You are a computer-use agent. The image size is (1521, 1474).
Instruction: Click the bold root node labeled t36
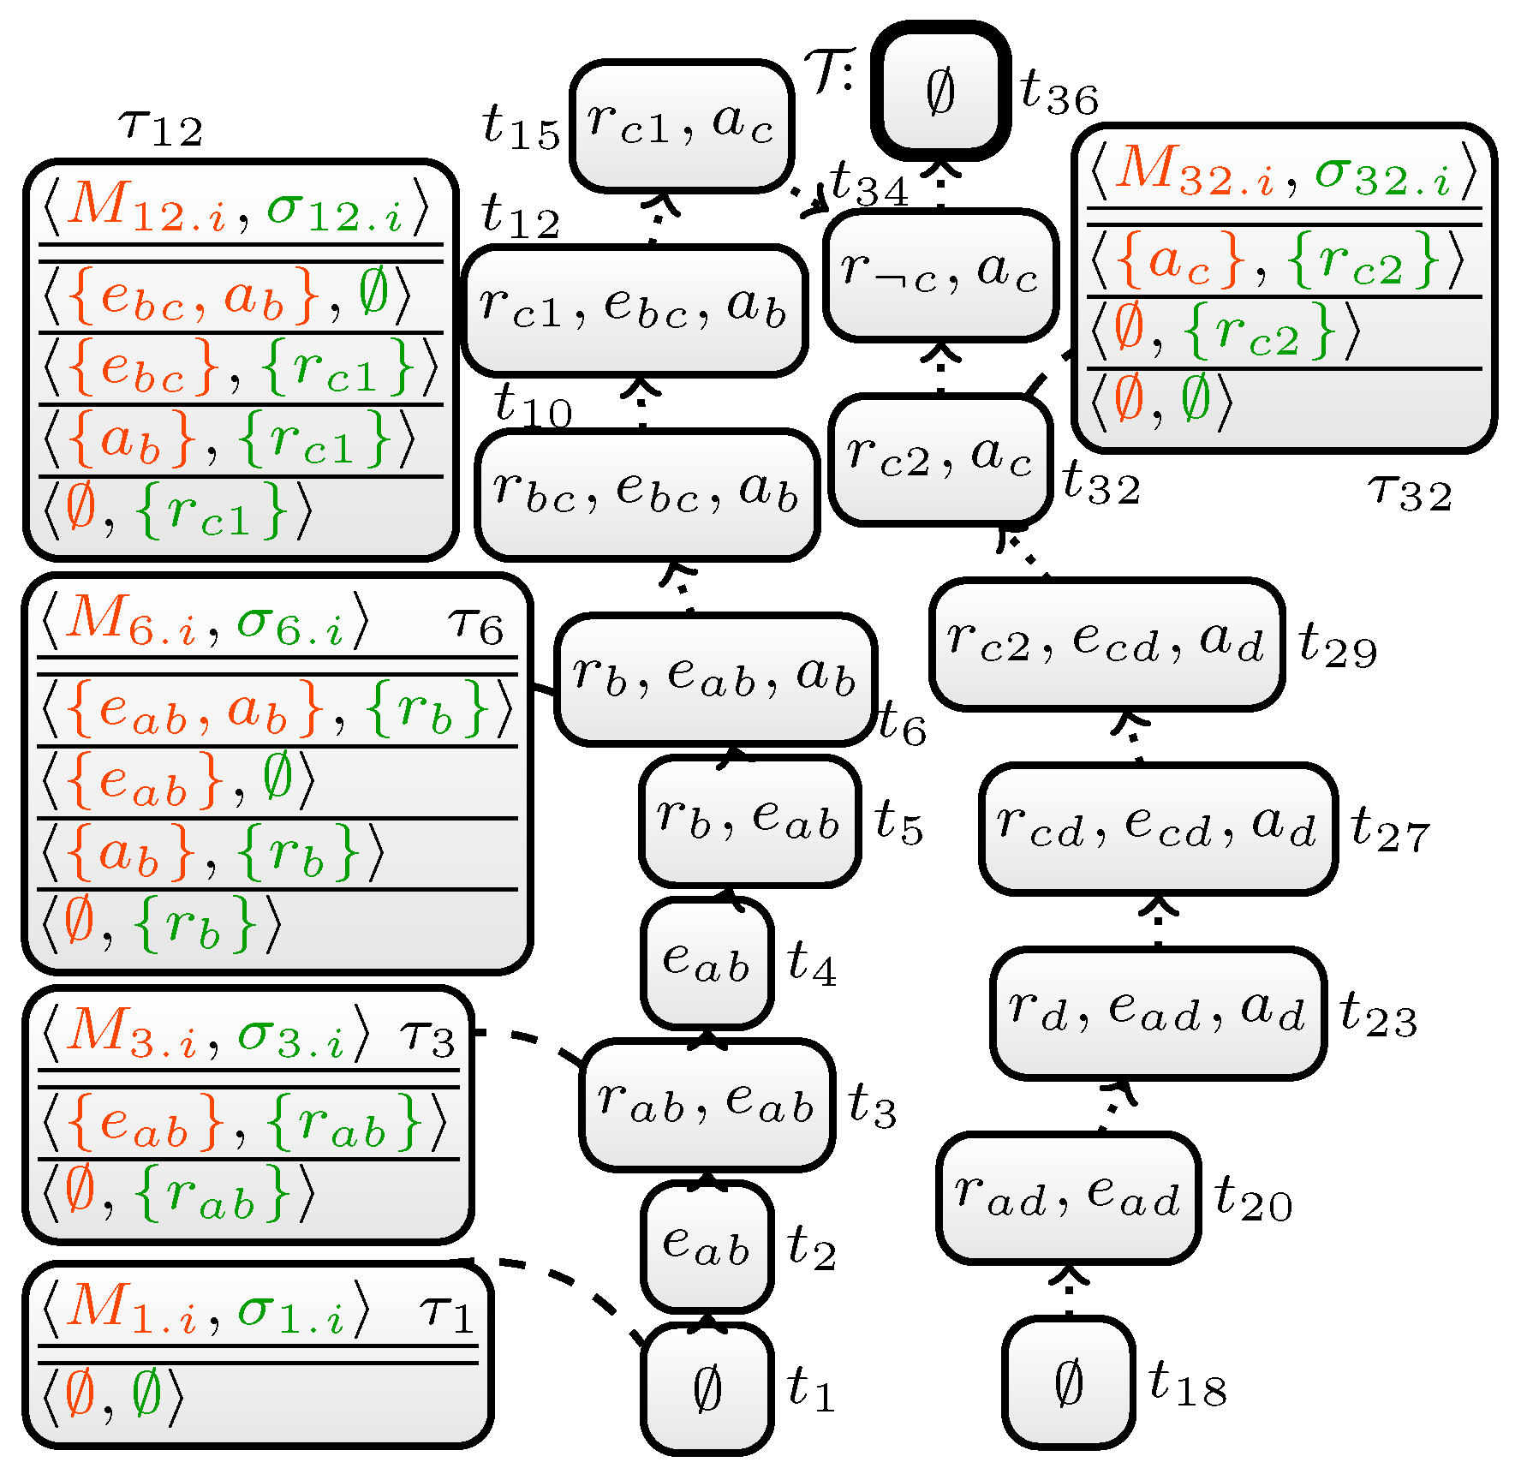coord(940,91)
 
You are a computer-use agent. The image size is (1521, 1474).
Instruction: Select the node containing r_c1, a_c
coord(681,125)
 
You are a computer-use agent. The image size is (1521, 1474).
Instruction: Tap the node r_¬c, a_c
coord(940,275)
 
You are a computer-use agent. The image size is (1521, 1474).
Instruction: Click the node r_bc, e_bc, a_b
coord(647,494)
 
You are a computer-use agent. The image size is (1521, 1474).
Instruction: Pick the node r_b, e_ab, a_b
coord(715,678)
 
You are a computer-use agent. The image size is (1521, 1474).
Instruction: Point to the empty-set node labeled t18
coord(1068,1382)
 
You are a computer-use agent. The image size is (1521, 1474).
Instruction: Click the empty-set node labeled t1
coord(707,1387)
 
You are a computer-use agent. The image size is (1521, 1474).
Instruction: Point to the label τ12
coord(161,128)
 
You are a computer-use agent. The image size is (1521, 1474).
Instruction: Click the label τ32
coord(1410,493)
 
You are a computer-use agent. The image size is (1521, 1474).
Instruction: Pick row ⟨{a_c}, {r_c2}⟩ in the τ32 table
coord(1282,261)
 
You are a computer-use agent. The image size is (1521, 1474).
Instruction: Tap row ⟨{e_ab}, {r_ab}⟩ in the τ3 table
coord(244,1123)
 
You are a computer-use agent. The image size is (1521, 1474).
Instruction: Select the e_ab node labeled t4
coord(707,963)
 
